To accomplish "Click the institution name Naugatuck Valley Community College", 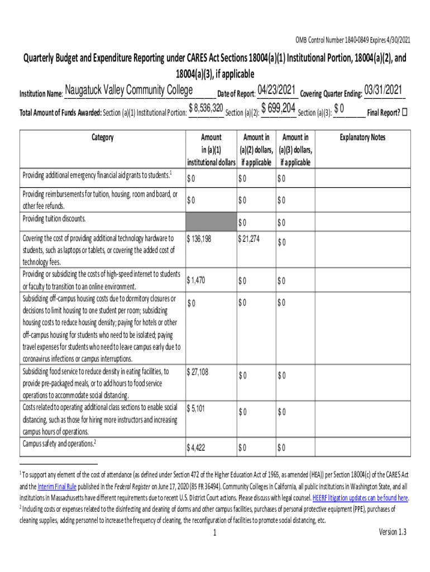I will click(x=129, y=91).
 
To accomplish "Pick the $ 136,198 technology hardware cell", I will click(x=200, y=239).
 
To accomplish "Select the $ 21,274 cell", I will click(x=251, y=239).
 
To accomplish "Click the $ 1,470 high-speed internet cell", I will click(x=196, y=280).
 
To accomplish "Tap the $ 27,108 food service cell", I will click(x=198, y=371).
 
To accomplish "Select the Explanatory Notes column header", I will click(x=362, y=138).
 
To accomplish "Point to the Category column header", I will click(x=102, y=138).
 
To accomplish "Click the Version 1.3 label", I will click(x=393, y=532).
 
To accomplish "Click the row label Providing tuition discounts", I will click(x=54, y=218).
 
